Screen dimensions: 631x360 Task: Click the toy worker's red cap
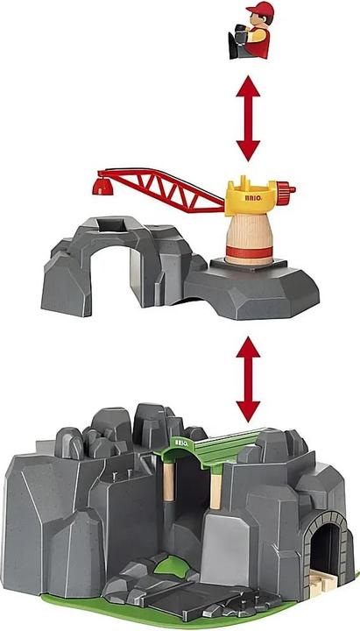pyautogui.click(x=260, y=13)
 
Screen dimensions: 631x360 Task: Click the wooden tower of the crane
pyautogui.click(x=248, y=239)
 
